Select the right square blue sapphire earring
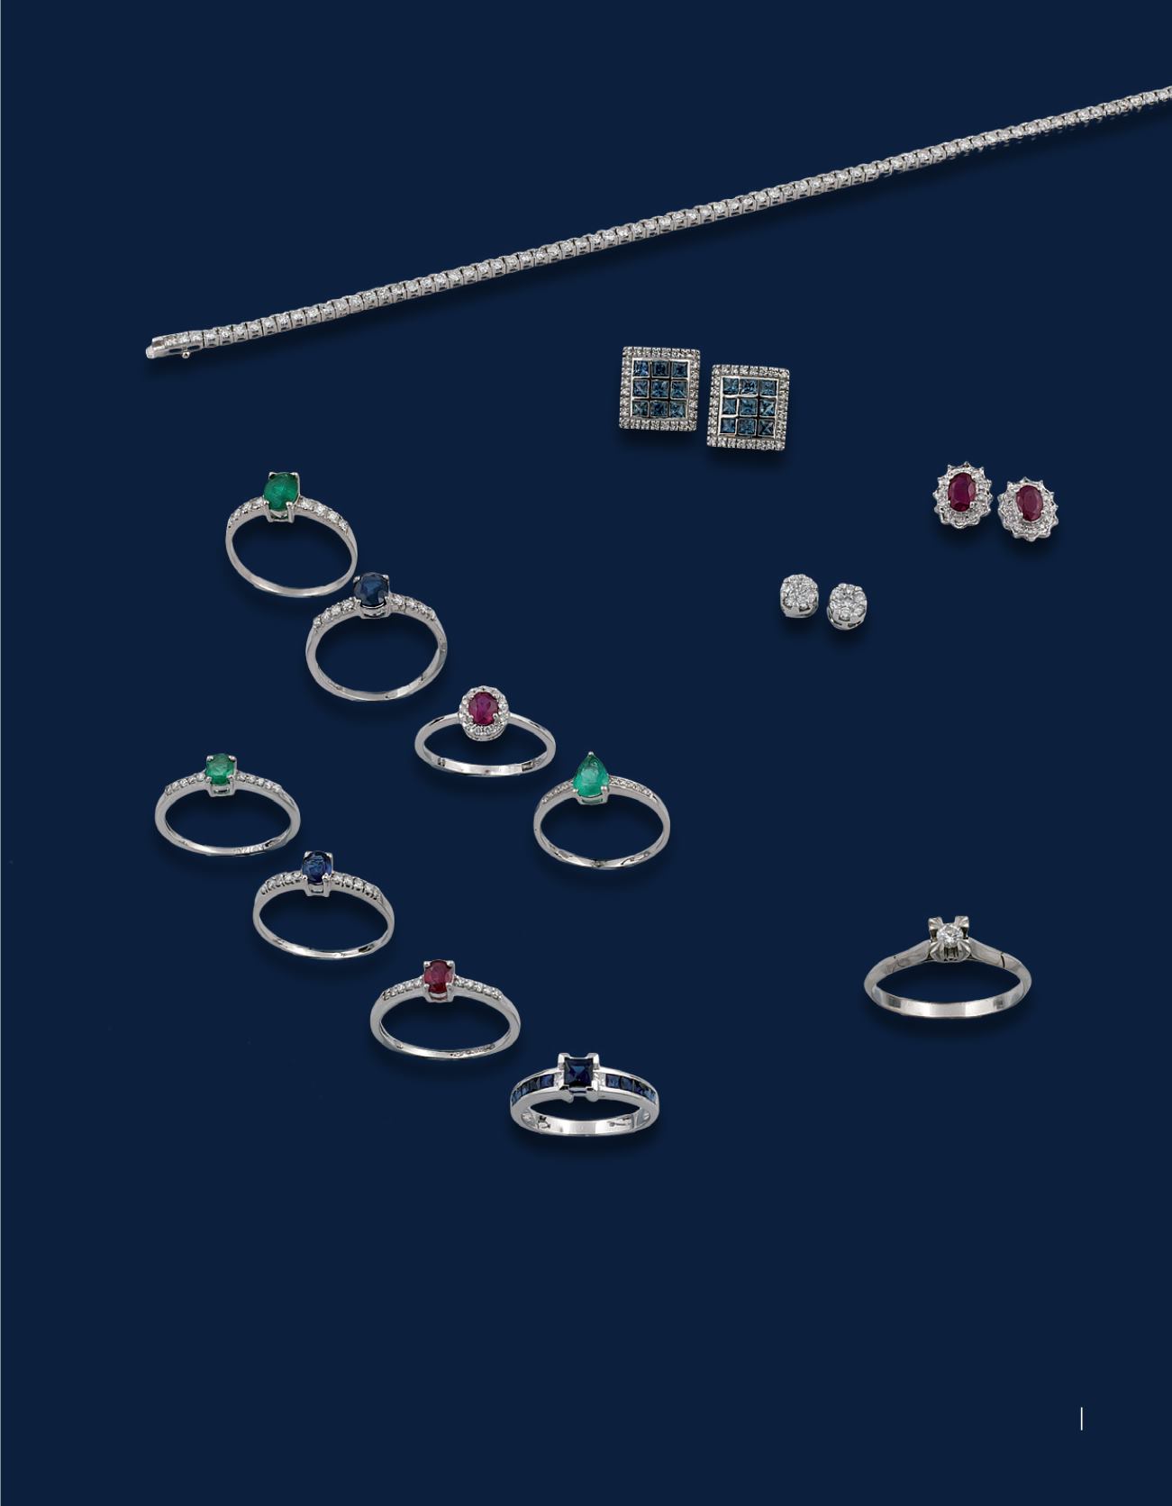pyautogui.click(x=748, y=407)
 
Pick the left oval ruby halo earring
pyautogui.click(x=963, y=495)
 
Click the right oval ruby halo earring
pyautogui.click(x=1028, y=509)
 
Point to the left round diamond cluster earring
pyautogui.click(x=799, y=596)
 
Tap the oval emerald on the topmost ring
pyautogui.click(x=280, y=490)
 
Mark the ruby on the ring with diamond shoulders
pyautogui.click(x=438, y=976)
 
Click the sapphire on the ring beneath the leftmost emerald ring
pyautogui.click(x=316, y=868)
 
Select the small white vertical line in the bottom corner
pyautogui.click(x=1081, y=1420)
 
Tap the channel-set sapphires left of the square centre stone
pyautogui.click(x=533, y=1092)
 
